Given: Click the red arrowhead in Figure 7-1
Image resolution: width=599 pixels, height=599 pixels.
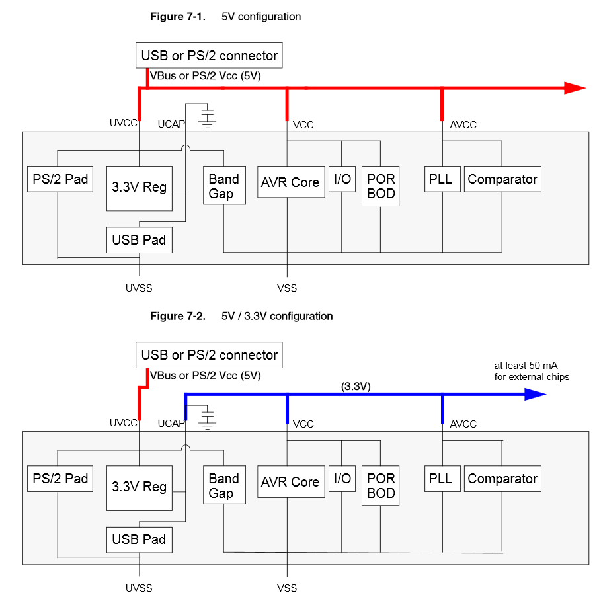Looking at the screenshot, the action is pos(575,88).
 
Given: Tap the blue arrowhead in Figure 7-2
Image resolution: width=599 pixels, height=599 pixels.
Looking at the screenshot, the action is pos(536,394).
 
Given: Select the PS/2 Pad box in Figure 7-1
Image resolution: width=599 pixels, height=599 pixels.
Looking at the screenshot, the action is pos(60,179).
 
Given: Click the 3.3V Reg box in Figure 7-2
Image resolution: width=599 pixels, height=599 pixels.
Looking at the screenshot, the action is pos(140,488).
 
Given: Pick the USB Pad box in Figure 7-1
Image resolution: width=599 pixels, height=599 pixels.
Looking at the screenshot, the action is pos(140,240).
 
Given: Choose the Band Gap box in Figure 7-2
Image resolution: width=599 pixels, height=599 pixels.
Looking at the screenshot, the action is pos(224,485).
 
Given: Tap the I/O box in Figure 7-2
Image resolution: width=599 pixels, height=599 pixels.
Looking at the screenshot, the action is pos(342,478).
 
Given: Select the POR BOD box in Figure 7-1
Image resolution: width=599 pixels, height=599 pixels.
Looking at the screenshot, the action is pos(380,186).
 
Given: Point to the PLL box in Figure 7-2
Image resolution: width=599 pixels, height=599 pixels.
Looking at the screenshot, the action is pos(442,478).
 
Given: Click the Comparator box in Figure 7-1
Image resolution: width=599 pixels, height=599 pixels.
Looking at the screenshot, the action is pos(502,179).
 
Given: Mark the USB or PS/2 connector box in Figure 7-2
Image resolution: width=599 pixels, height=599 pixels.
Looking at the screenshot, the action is pos(209,355).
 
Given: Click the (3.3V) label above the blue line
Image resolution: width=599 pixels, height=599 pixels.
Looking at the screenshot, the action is pos(356,386).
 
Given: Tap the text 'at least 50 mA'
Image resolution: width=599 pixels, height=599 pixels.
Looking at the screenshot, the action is pos(526,366).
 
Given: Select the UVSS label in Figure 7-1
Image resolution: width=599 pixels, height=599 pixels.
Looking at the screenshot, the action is pos(139,288).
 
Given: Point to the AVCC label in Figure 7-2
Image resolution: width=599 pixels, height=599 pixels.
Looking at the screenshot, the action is pos(463,424).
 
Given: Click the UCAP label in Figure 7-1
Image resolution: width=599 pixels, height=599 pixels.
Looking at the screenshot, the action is pos(171,124).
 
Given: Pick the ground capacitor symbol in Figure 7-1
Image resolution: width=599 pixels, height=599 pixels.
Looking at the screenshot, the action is pos(207,116).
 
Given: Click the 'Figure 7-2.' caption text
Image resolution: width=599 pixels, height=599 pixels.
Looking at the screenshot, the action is pos(178,316).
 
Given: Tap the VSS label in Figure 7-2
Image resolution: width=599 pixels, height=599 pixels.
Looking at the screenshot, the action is pos(287,588).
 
